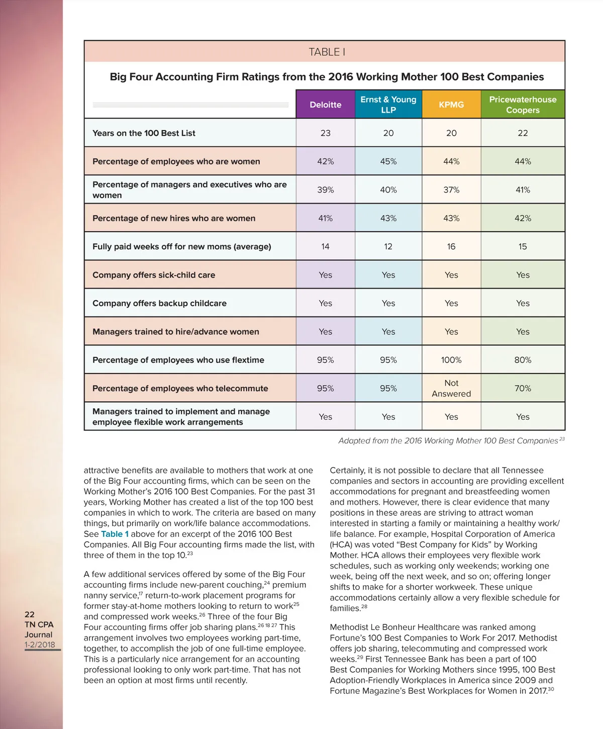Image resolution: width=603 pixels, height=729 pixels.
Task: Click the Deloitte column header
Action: pyautogui.click(x=326, y=105)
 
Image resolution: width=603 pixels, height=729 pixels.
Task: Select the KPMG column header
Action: pyautogui.click(x=451, y=105)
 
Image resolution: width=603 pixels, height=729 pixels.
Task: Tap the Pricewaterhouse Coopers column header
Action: pyautogui.click(x=523, y=105)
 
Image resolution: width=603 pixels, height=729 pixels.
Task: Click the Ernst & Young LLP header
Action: pyautogui.click(x=388, y=105)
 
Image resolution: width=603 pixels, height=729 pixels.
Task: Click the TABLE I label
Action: pyautogui.click(x=327, y=52)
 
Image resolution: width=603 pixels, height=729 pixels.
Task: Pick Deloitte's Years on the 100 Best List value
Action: pyautogui.click(x=326, y=133)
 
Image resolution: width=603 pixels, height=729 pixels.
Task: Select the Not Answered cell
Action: pyautogui.click(x=451, y=389)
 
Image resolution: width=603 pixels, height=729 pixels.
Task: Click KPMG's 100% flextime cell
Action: pyautogui.click(x=451, y=360)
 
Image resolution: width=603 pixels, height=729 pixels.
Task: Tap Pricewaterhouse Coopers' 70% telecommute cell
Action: pyautogui.click(x=523, y=389)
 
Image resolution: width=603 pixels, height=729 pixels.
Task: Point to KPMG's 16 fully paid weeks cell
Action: pyautogui.click(x=451, y=247)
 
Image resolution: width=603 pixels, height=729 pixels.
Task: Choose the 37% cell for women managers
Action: pyautogui.click(x=451, y=190)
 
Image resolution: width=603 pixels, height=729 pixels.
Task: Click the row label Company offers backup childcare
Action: pyautogui.click(x=159, y=304)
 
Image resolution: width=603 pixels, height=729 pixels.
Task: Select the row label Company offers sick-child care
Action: pyautogui.click(x=154, y=275)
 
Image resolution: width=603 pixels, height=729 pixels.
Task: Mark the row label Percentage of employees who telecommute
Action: pyautogui.click(x=180, y=389)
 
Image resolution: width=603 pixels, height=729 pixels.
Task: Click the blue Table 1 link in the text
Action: pyautogui.click(x=115, y=534)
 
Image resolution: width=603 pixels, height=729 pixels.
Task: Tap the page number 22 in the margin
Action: pyautogui.click(x=30, y=614)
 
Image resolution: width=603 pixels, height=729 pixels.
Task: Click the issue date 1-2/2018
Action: pyautogui.click(x=40, y=645)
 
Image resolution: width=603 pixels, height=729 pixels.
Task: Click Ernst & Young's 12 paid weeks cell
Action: pyautogui.click(x=388, y=247)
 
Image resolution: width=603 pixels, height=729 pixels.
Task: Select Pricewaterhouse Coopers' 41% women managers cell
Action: pyautogui.click(x=523, y=190)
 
